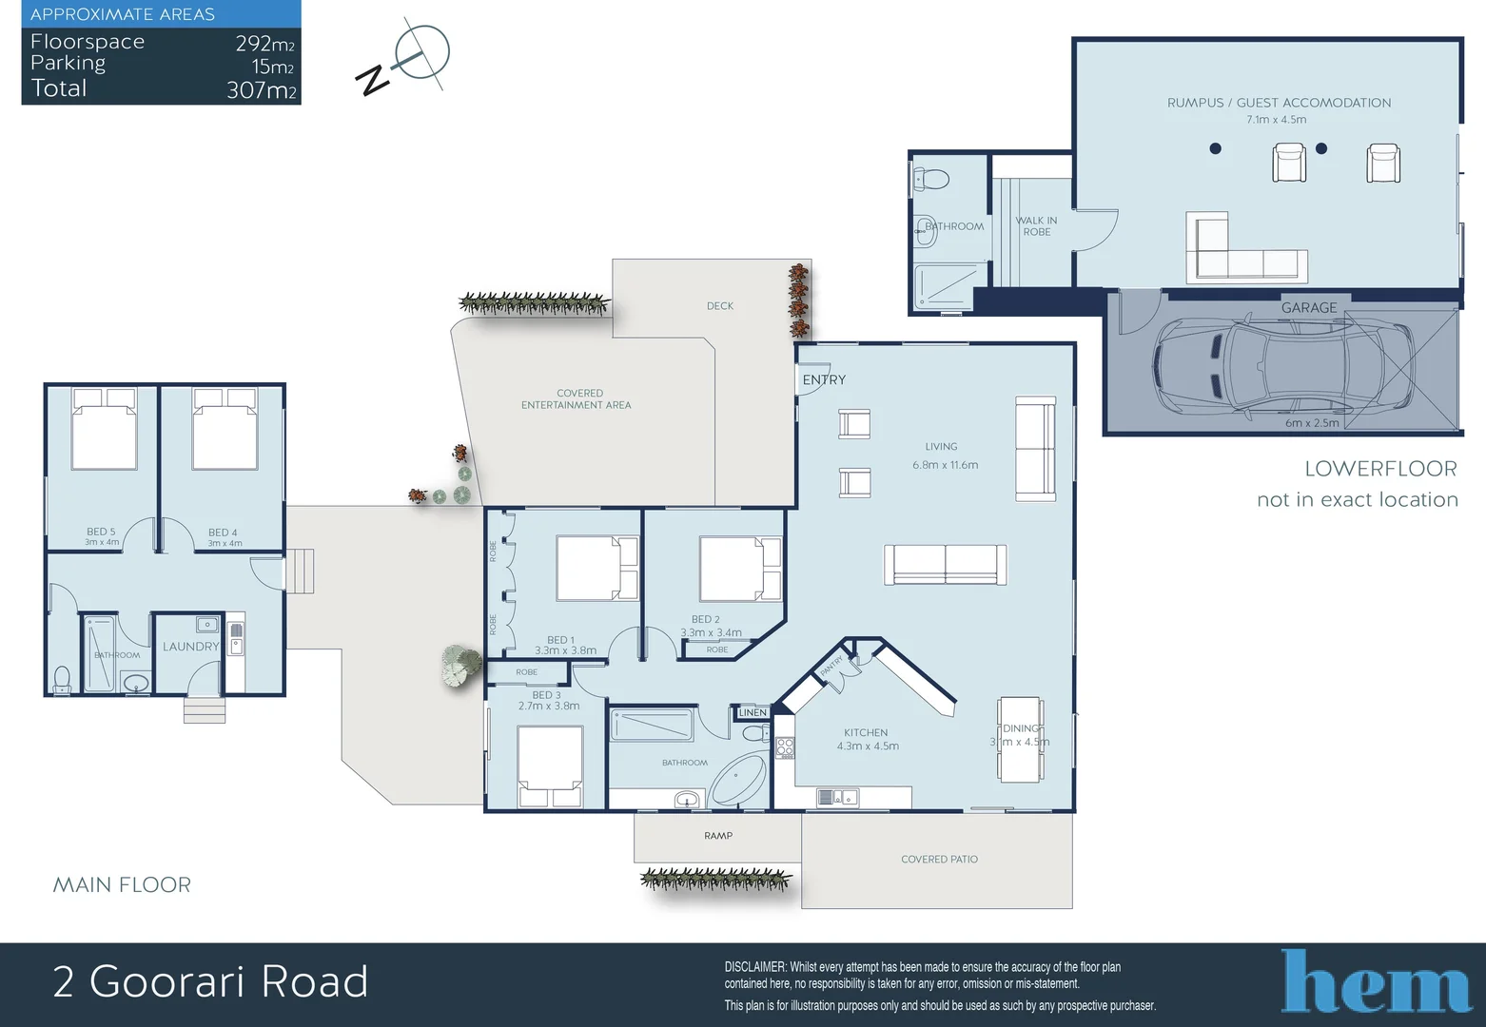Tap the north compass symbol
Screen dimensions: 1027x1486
point(404,60)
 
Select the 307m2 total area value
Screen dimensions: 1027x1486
point(262,90)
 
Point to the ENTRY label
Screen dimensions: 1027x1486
point(824,379)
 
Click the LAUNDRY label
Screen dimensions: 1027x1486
point(190,647)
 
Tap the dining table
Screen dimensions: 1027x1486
point(1020,740)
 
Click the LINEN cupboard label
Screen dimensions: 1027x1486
point(753,712)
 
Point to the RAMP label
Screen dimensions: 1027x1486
point(718,836)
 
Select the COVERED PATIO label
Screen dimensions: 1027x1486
point(939,860)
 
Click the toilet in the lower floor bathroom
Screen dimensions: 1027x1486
point(931,179)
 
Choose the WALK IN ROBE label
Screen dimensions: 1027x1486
point(1036,226)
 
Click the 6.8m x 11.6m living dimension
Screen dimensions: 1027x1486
point(945,465)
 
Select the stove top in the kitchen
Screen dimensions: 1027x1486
point(785,748)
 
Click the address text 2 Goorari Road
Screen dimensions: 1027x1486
point(210,982)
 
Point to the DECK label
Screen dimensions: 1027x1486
point(720,306)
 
